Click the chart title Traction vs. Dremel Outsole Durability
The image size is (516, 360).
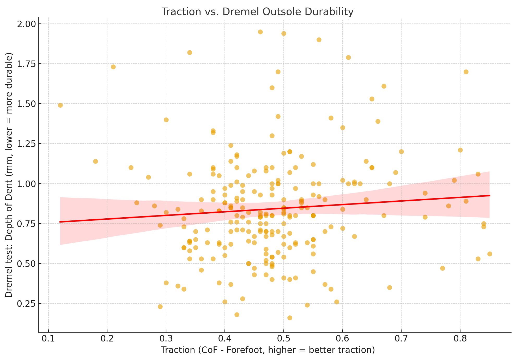point(257,12)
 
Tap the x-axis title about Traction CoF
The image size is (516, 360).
point(268,350)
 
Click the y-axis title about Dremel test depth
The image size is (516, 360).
point(9,175)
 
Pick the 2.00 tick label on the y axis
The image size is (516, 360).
point(26,24)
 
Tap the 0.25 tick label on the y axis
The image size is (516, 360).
point(26,304)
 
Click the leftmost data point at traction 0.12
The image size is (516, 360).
point(60,105)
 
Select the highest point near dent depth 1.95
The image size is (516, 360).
point(260,32)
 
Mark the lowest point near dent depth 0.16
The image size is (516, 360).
point(290,318)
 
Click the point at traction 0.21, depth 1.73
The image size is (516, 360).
point(113,67)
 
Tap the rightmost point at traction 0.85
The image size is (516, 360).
point(490,254)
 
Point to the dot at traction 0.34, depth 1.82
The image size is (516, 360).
point(190,53)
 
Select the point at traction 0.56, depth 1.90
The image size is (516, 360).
point(319,40)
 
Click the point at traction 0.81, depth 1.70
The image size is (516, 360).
point(466,72)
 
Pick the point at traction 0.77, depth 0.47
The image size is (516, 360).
point(442,268)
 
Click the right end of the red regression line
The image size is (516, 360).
point(490,195)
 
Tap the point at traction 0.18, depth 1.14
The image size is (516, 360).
point(95,161)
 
